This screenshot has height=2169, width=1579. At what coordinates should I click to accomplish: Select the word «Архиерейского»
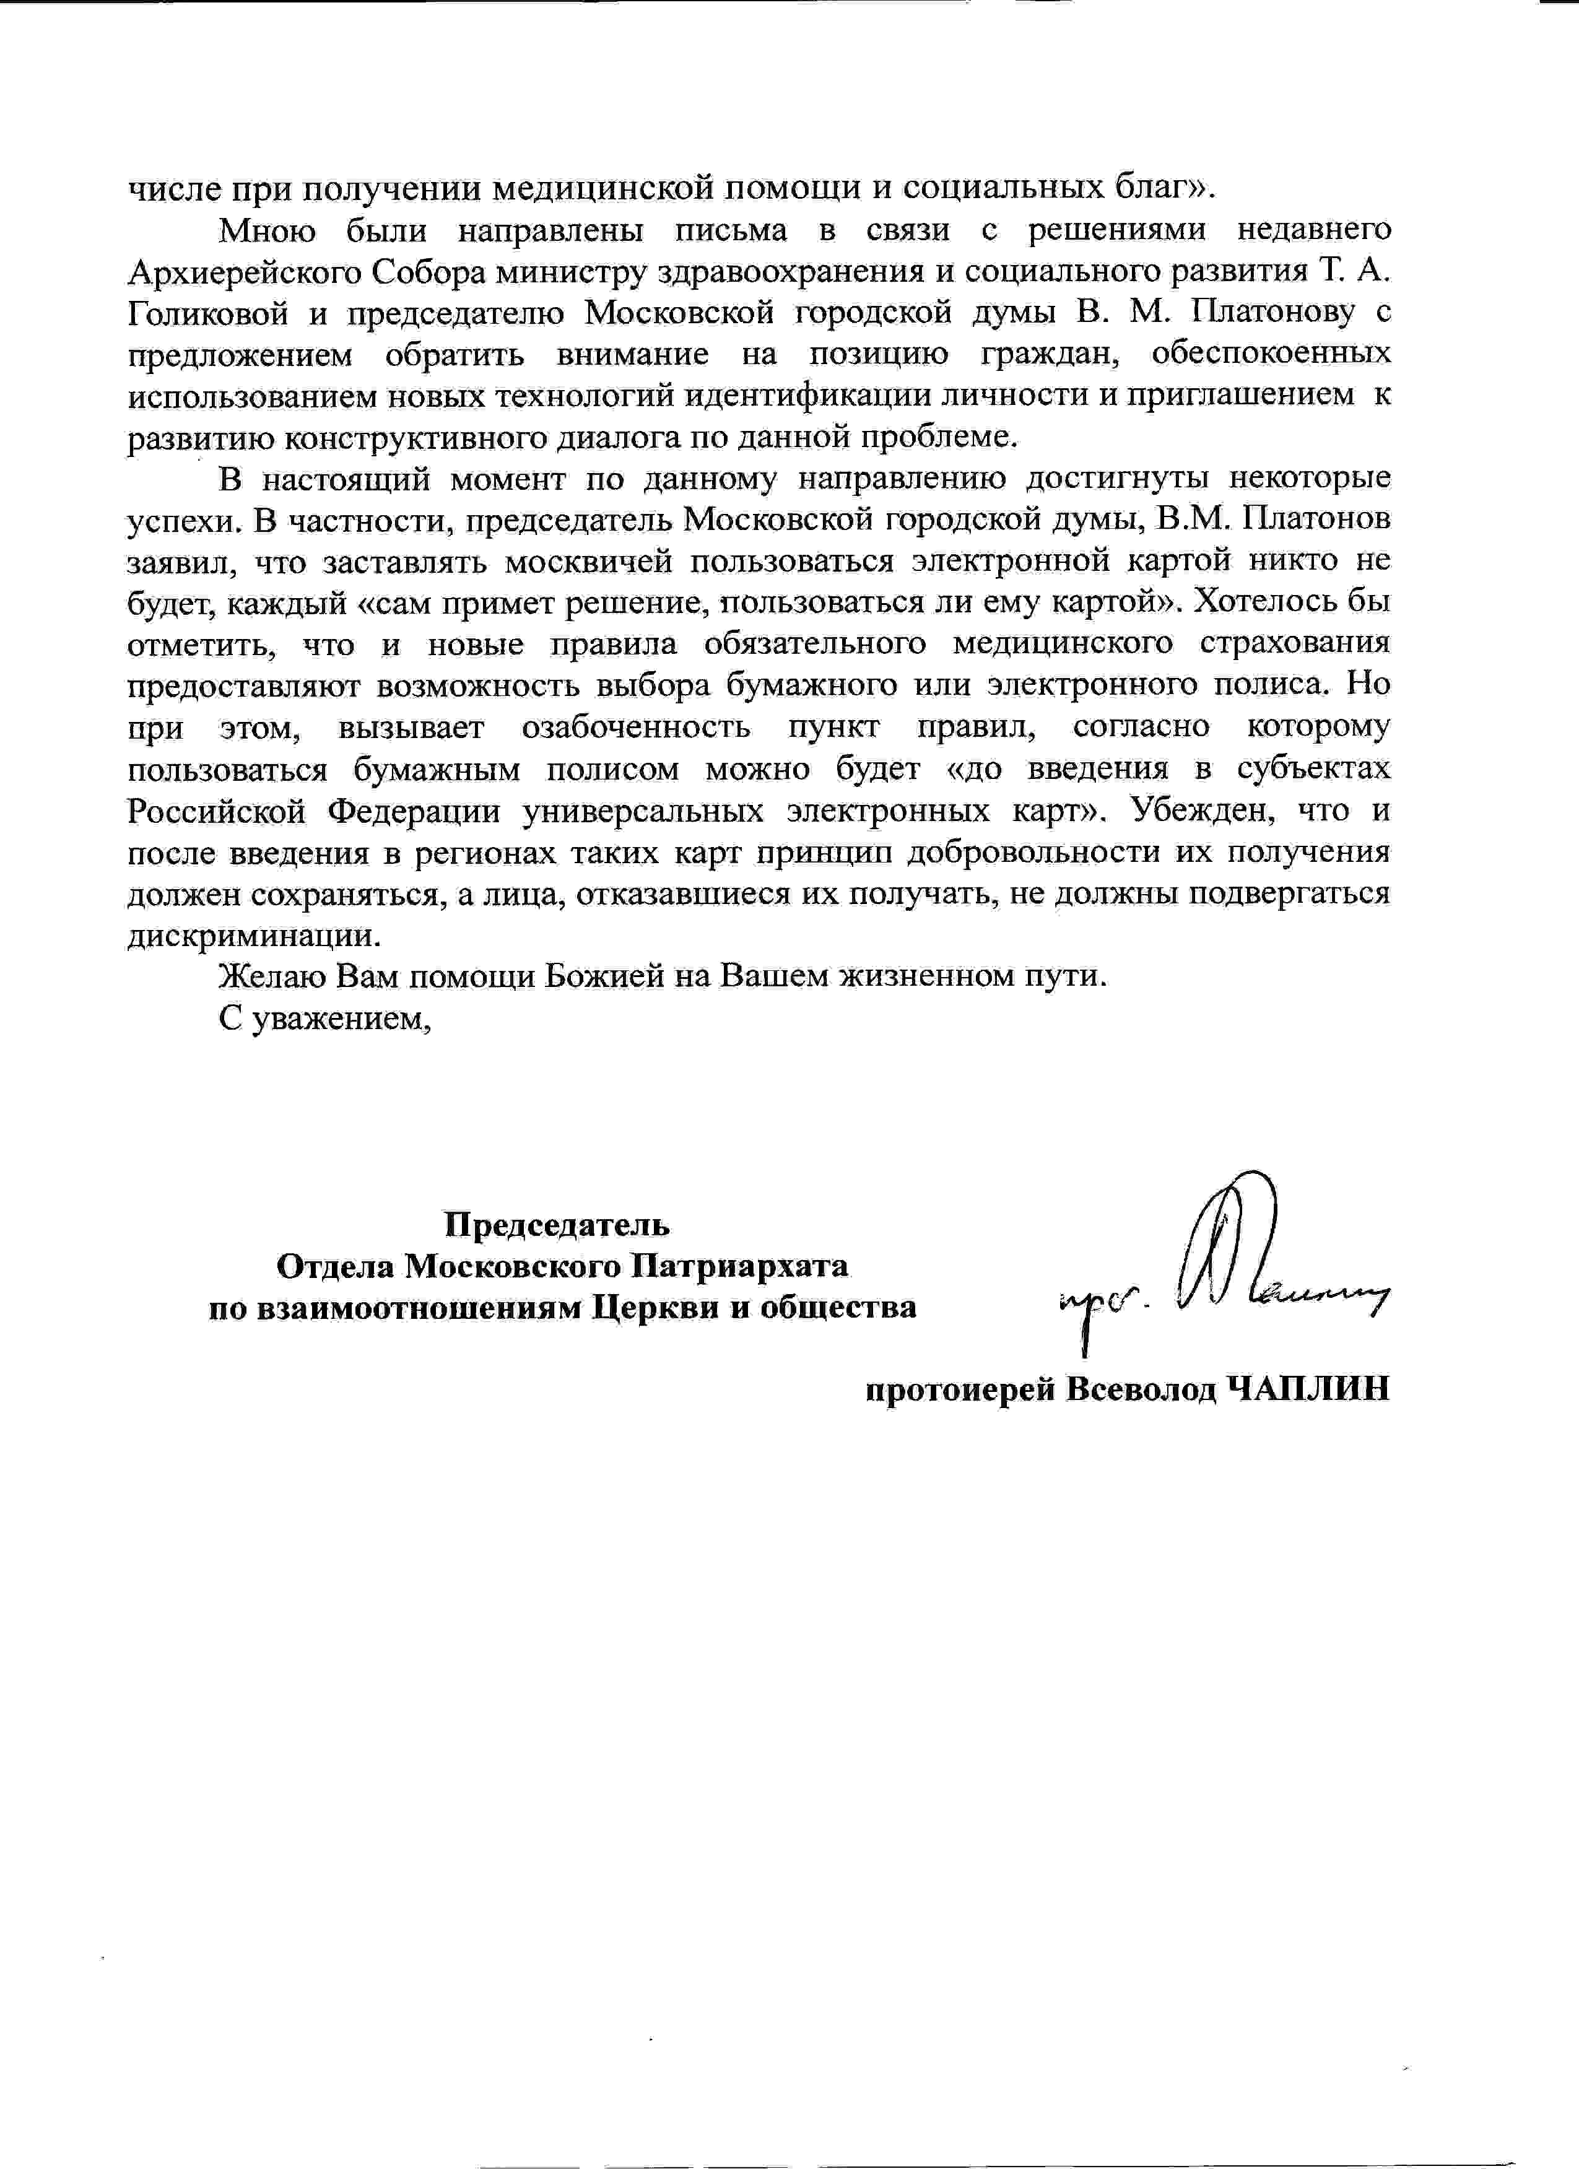244,272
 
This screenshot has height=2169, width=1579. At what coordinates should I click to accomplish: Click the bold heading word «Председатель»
557,1224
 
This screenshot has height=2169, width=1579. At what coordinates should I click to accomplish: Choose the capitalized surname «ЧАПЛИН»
1307,1389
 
